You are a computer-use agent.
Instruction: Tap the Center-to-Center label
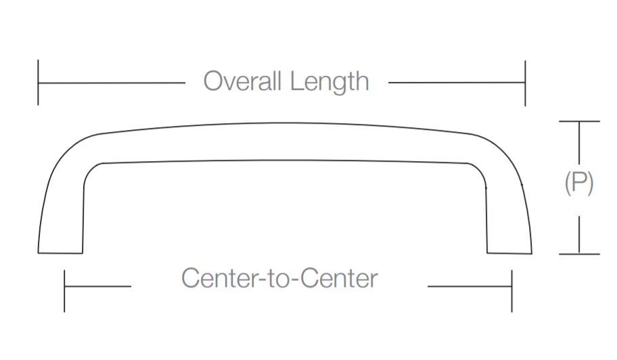tap(279, 278)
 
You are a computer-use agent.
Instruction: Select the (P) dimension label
tap(579, 183)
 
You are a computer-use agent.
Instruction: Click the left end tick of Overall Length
tap(39, 83)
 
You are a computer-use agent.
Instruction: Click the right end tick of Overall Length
tap(525, 83)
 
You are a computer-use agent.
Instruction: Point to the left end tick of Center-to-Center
tap(64, 290)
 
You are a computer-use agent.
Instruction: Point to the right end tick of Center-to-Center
tap(511, 290)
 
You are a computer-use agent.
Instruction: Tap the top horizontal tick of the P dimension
tap(579, 121)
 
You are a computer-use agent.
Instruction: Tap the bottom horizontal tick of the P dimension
tap(579, 254)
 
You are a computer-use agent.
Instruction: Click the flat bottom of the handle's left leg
tap(60, 252)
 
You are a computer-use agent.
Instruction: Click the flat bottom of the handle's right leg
tap(509, 253)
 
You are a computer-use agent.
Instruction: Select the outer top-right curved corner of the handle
tap(504, 150)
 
